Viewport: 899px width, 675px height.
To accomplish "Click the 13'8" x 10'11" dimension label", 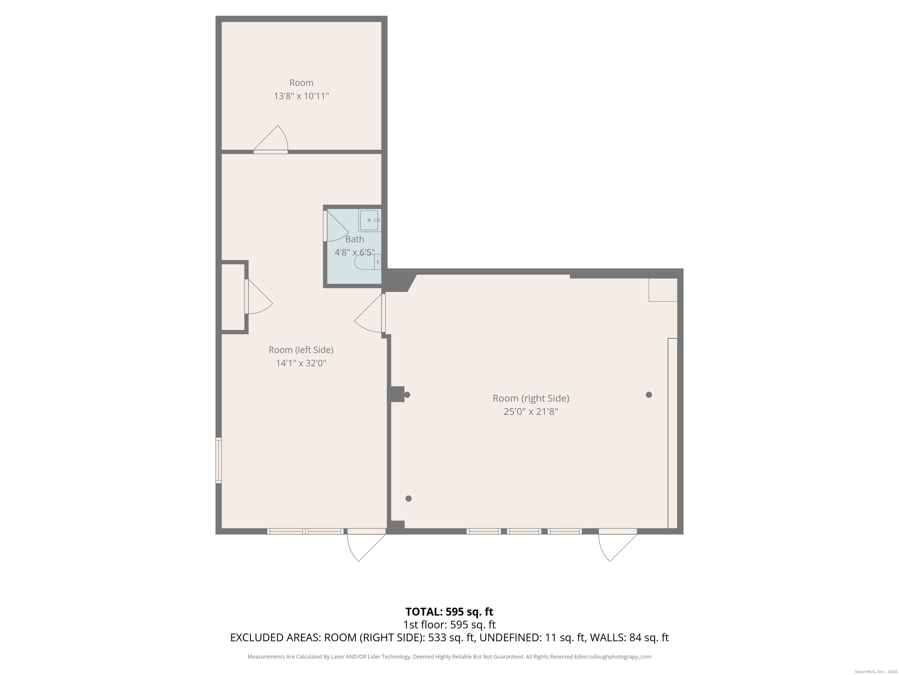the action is coord(301,96).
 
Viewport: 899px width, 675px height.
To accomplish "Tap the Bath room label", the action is coord(355,239).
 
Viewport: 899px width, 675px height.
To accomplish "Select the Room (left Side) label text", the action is coord(301,350).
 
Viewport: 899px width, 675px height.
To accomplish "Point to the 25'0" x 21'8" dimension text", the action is coord(531,412).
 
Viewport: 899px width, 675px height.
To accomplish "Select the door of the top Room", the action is coord(271,139).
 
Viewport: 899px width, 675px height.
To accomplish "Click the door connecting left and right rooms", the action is coord(369,313).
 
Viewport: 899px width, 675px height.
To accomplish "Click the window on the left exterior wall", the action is coord(219,460).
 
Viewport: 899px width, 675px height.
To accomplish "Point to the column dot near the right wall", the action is coord(649,395).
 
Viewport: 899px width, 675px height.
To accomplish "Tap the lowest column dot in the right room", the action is coord(409,498).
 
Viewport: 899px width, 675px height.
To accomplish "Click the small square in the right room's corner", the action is coord(663,290).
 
